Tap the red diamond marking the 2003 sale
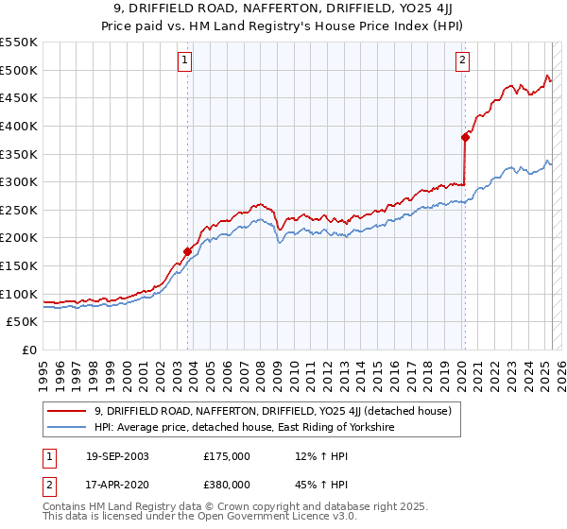pyautogui.click(x=187, y=251)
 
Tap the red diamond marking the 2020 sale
pyautogui.click(x=465, y=137)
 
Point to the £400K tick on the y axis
pyautogui.click(x=18, y=126)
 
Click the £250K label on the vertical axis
pyautogui.click(x=18, y=210)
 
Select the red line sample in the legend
pyautogui.click(x=68, y=411)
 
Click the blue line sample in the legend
pyautogui.click(x=68, y=427)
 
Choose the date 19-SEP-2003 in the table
pyautogui.click(x=116, y=456)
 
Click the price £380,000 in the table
pyautogui.click(x=227, y=484)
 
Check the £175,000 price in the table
pyautogui.click(x=227, y=456)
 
